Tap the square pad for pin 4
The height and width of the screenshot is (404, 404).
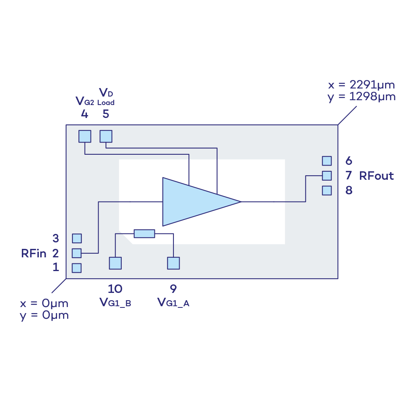(85, 137)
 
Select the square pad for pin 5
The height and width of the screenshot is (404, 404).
(106, 137)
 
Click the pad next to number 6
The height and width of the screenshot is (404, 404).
(327, 161)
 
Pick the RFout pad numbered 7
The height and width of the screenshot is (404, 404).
(327, 176)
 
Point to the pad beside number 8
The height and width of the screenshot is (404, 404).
(327, 190)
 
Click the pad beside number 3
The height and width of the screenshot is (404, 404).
(76, 238)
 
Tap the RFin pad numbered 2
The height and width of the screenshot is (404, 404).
(76, 253)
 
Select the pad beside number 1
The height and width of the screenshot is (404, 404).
(76, 268)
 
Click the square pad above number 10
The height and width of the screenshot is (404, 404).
(115, 263)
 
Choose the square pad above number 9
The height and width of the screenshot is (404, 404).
(173, 263)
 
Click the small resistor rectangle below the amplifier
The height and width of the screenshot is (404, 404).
(144, 234)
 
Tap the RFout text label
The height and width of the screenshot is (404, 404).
(376, 176)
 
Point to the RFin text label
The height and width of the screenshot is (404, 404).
(34, 254)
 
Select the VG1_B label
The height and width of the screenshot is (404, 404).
(115, 303)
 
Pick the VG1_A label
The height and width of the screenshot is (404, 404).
(173, 303)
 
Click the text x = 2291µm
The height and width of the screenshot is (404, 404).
(361, 86)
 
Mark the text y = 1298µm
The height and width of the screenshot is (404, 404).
(361, 97)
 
